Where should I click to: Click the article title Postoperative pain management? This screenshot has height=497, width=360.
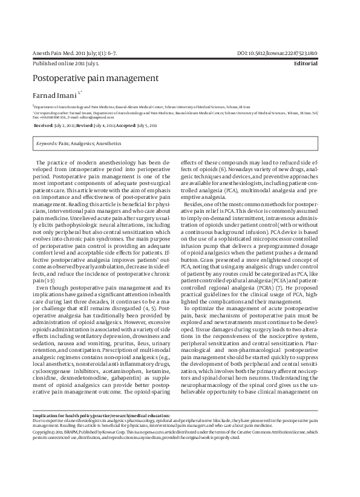click(x=95, y=78)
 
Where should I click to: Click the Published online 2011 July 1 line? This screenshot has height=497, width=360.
click(x=67, y=63)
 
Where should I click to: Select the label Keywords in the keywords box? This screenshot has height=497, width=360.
click(x=47, y=144)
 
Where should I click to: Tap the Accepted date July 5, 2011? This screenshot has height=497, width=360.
click(x=145, y=125)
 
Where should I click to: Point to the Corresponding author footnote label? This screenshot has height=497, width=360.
click(x=55, y=112)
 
